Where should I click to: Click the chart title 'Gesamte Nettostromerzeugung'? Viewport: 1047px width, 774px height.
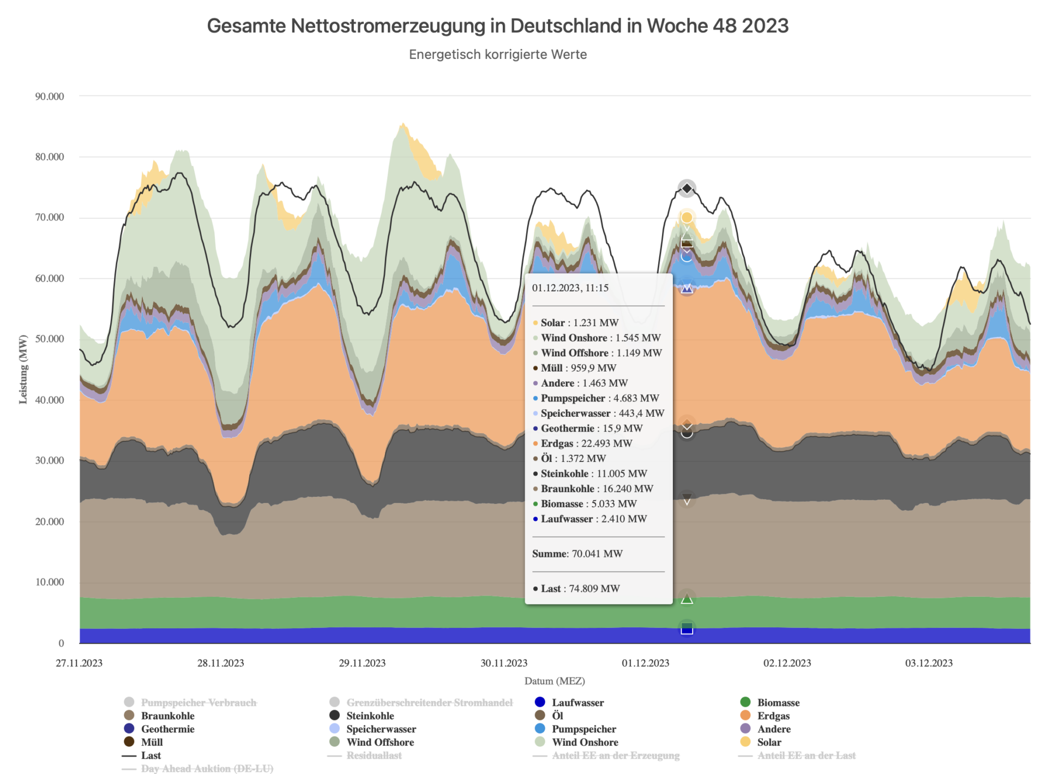point(497,26)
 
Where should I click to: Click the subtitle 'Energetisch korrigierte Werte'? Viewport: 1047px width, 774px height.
point(497,55)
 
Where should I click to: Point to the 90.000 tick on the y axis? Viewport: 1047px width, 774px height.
point(50,97)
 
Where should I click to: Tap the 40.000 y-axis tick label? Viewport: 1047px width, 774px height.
point(50,400)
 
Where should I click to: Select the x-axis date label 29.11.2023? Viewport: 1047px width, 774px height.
point(362,663)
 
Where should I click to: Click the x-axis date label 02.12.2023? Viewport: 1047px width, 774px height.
point(787,663)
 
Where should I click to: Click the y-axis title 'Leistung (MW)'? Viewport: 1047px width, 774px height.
point(23,369)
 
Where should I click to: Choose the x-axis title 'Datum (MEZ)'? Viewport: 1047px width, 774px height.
point(555,681)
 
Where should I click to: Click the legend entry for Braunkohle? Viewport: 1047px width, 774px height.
point(167,716)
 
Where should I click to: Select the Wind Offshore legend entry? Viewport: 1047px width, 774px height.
point(380,742)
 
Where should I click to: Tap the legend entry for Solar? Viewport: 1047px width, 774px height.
point(769,742)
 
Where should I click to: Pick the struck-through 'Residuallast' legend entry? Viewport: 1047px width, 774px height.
point(374,755)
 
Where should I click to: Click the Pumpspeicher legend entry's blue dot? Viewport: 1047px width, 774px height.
point(540,729)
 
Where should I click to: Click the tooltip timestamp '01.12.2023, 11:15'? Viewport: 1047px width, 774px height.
point(570,288)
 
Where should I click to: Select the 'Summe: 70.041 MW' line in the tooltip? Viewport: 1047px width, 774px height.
point(577,554)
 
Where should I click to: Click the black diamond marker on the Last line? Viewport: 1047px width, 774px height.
point(687,189)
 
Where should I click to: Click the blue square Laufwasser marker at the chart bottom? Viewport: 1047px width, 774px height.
point(687,629)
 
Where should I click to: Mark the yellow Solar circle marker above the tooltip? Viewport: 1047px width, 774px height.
point(687,218)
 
